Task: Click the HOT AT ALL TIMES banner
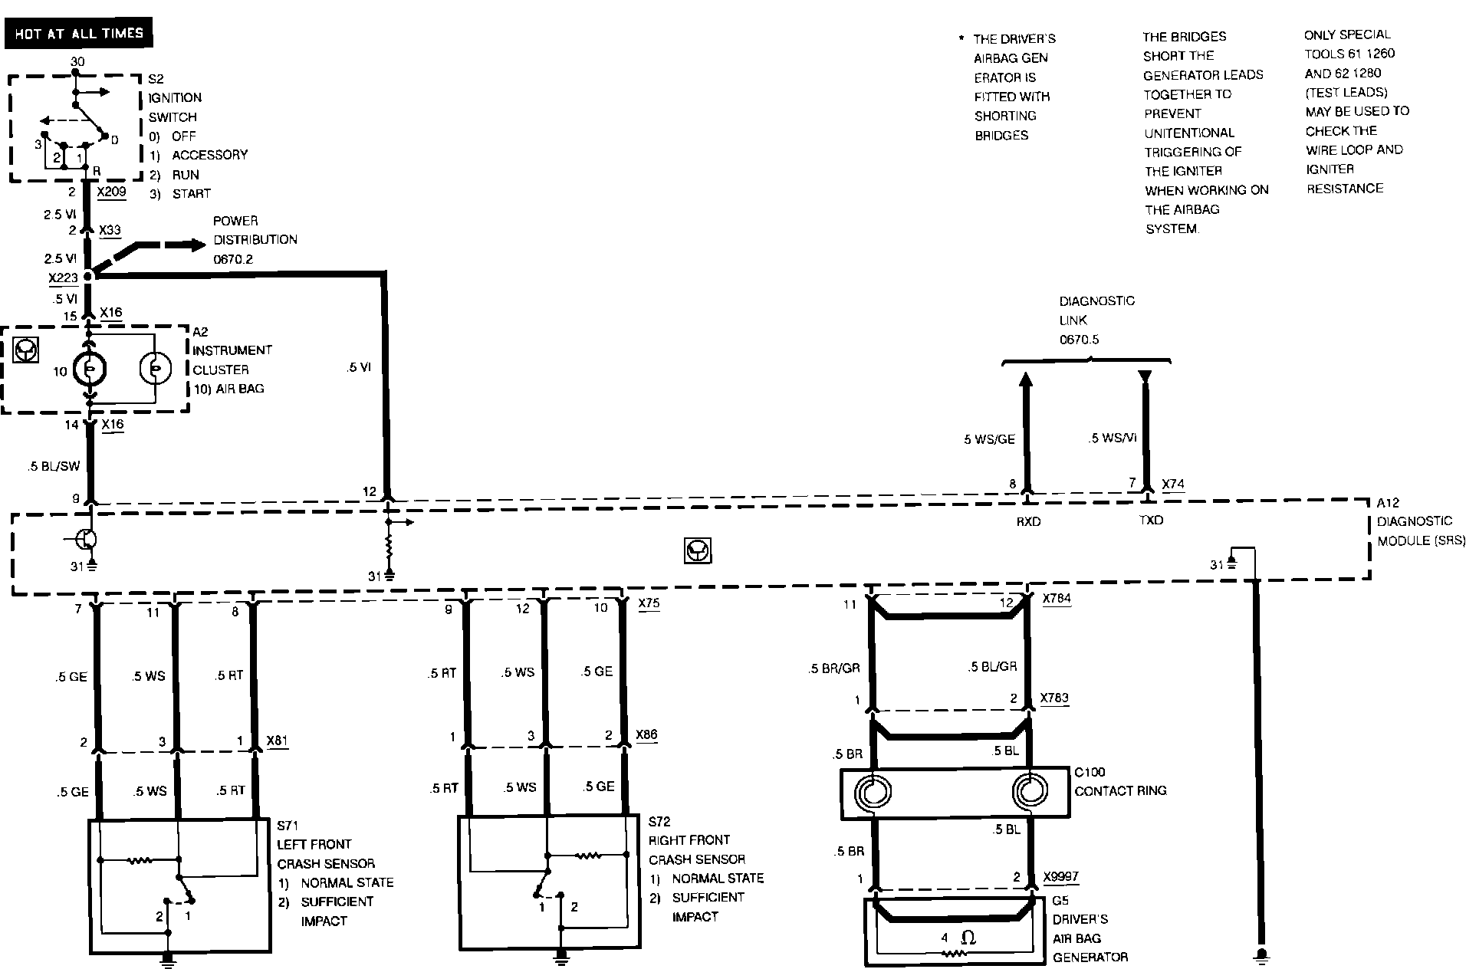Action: (x=78, y=34)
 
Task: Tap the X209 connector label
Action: (x=112, y=192)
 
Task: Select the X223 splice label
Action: (x=63, y=278)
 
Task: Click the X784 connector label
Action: (x=1057, y=599)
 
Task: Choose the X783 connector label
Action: (x=1054, y=698)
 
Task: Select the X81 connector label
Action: (x=277, y=741)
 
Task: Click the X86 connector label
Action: (x=646, y=735)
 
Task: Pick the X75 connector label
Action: (x=649, y=603)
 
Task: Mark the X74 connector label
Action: (x=1173, y=484)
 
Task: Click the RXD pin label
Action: (x=1028, y=521)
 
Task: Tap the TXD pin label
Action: (x=1151, y=521)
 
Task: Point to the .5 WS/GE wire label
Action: (x=989, y=439)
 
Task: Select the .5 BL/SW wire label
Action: (x=54, y=466)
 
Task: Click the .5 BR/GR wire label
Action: (x=834, y=668)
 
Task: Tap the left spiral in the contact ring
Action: (x=873, y=792)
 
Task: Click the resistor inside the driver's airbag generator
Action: (x=955, y=954)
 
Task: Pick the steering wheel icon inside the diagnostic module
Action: (x=698, y=550)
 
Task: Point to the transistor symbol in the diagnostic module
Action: (x=86, y=540)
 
